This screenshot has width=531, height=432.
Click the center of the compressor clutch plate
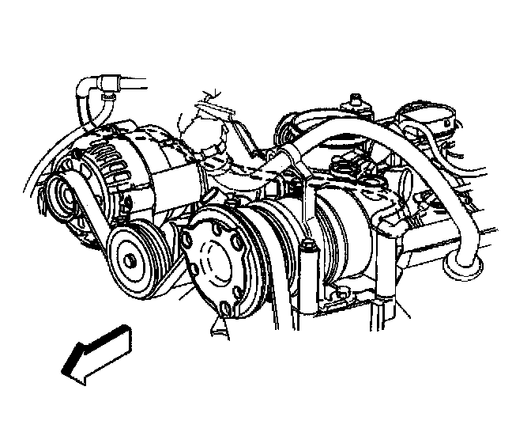pos(215,260)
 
